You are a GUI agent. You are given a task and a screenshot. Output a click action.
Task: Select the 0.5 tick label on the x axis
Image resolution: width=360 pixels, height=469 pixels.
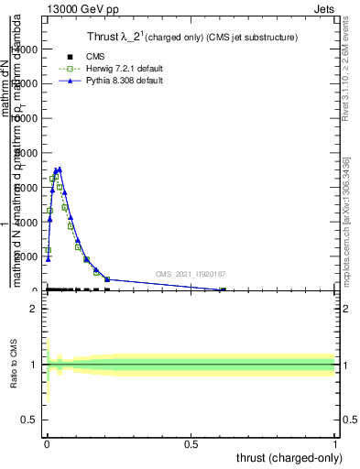coord(191,444)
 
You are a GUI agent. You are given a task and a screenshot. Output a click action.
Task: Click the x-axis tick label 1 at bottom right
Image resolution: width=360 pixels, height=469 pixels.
coord(335,444)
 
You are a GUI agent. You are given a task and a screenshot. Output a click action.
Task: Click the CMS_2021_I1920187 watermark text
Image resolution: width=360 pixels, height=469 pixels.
coord(191,273)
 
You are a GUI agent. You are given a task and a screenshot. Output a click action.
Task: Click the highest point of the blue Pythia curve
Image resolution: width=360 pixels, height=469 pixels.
coord(59,169)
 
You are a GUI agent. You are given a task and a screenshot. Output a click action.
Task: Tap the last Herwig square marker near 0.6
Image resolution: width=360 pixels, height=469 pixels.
coord(222,290)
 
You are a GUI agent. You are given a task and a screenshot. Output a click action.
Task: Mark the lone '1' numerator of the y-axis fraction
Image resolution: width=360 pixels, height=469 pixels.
coord(8,224)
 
